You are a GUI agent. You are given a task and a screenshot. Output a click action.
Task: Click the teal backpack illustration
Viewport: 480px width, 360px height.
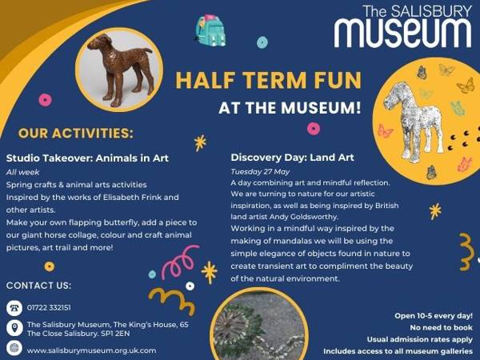tap(210, 30)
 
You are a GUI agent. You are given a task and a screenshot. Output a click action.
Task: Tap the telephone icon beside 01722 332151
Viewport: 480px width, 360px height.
tap(14, 308)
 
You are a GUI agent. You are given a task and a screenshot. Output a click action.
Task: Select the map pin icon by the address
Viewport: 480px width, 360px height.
tap(14, 328)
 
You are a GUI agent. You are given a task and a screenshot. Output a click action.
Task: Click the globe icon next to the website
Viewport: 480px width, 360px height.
tap(14, 348)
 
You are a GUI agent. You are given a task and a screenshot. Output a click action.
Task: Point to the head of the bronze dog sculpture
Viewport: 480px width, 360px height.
tap(99, 42)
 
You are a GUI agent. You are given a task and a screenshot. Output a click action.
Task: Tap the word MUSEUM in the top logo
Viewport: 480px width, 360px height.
tap(402, 33)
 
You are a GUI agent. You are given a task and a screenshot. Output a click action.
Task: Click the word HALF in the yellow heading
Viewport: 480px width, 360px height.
tap(205, 80)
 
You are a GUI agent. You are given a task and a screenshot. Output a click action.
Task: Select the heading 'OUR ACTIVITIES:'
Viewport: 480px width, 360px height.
tap(76, 133)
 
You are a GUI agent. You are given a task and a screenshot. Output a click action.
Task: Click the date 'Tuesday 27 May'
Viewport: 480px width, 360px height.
tap(260, 172)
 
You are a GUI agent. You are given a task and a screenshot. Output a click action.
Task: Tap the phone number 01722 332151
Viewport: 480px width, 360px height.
tap(49, 308)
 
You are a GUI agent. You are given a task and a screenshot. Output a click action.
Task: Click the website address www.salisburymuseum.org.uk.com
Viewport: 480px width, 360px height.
tap(91, 350)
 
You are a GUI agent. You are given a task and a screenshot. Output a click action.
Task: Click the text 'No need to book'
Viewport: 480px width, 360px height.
tap(441, 327)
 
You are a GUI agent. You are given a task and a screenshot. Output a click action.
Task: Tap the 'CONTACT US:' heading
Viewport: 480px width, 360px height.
tap(38, 286)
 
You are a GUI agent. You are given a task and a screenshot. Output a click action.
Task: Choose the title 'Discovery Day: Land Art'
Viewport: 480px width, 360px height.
tap(292, 158)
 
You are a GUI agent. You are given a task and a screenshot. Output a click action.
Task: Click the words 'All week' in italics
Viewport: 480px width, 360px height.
tap(22, 172)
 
